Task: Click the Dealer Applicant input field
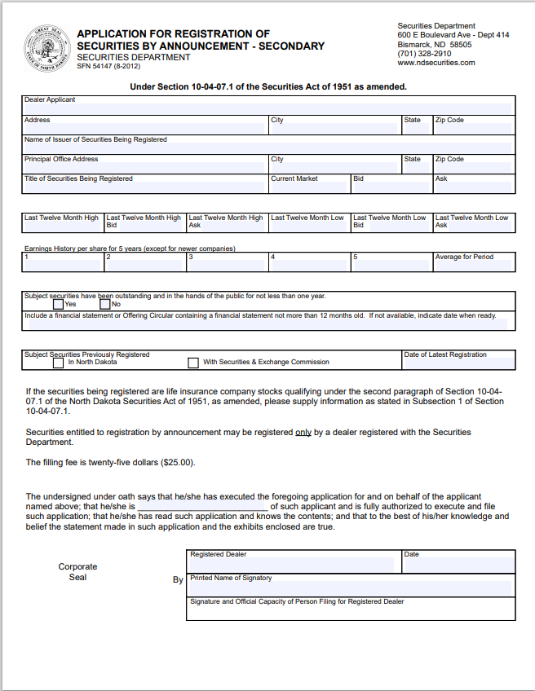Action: [x=267, y=108]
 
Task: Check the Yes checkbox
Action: [x=58, y=304]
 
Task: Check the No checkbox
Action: [x=104, y=304]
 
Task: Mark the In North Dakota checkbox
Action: [x=57, y=363]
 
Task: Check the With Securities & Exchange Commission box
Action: [x=193, y=363]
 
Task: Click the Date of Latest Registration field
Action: [x=458, y=363]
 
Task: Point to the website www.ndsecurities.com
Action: [x=436, y=63]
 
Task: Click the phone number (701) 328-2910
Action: [x=424, y=54]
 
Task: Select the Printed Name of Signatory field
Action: [x=351, y=588]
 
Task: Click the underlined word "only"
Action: [x=303, y=432]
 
